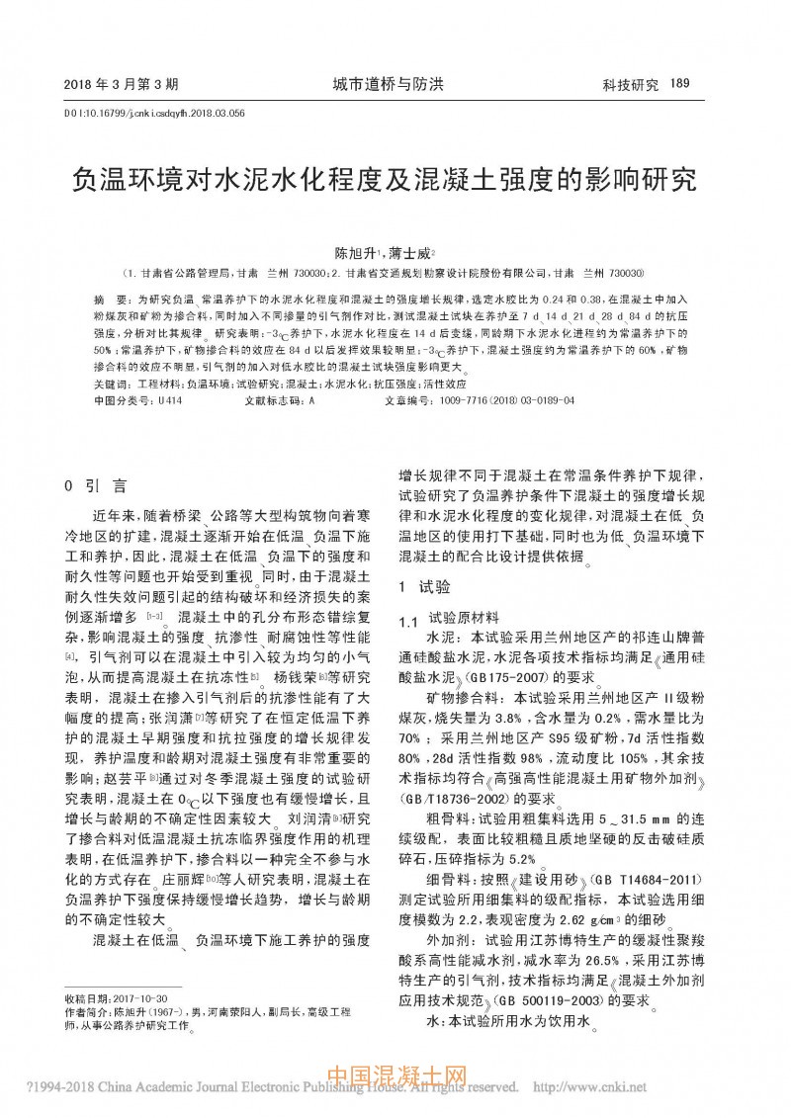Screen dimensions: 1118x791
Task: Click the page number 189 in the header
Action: (x=678, y=84)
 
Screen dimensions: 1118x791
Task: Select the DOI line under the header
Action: (x=154, y=113)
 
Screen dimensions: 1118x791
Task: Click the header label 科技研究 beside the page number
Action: (x=631, y=85)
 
